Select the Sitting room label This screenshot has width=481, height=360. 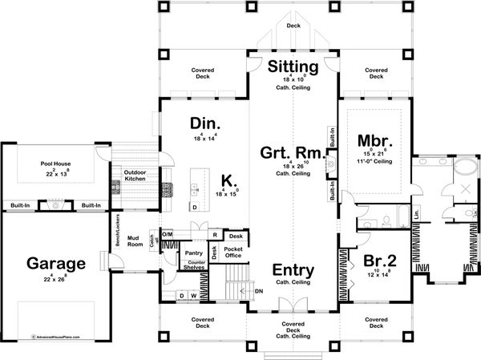pyautogui.click(x=293, y=65)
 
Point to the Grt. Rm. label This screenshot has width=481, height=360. pyautogui.click(x=291, y=152)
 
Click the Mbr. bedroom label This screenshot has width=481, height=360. pyautogui.click(x=373, y=137)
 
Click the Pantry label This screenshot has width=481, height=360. pyautogui.click(x=192, y=253)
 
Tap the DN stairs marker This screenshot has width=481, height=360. pyautogui.click(x=259, y=292)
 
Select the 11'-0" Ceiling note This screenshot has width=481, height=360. pyautogui.click(x=373, y=161)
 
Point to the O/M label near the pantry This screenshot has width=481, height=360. pyautogui.click(x=168, y=234)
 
